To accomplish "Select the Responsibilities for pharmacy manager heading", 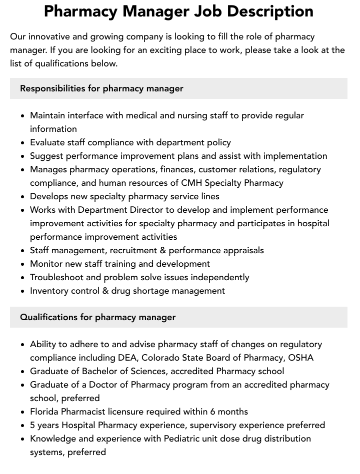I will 101,88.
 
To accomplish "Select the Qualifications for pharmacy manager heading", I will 98,317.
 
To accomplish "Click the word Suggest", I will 47,156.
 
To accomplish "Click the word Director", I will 148,210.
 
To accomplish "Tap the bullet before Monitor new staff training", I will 23,264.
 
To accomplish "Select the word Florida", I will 45,412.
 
